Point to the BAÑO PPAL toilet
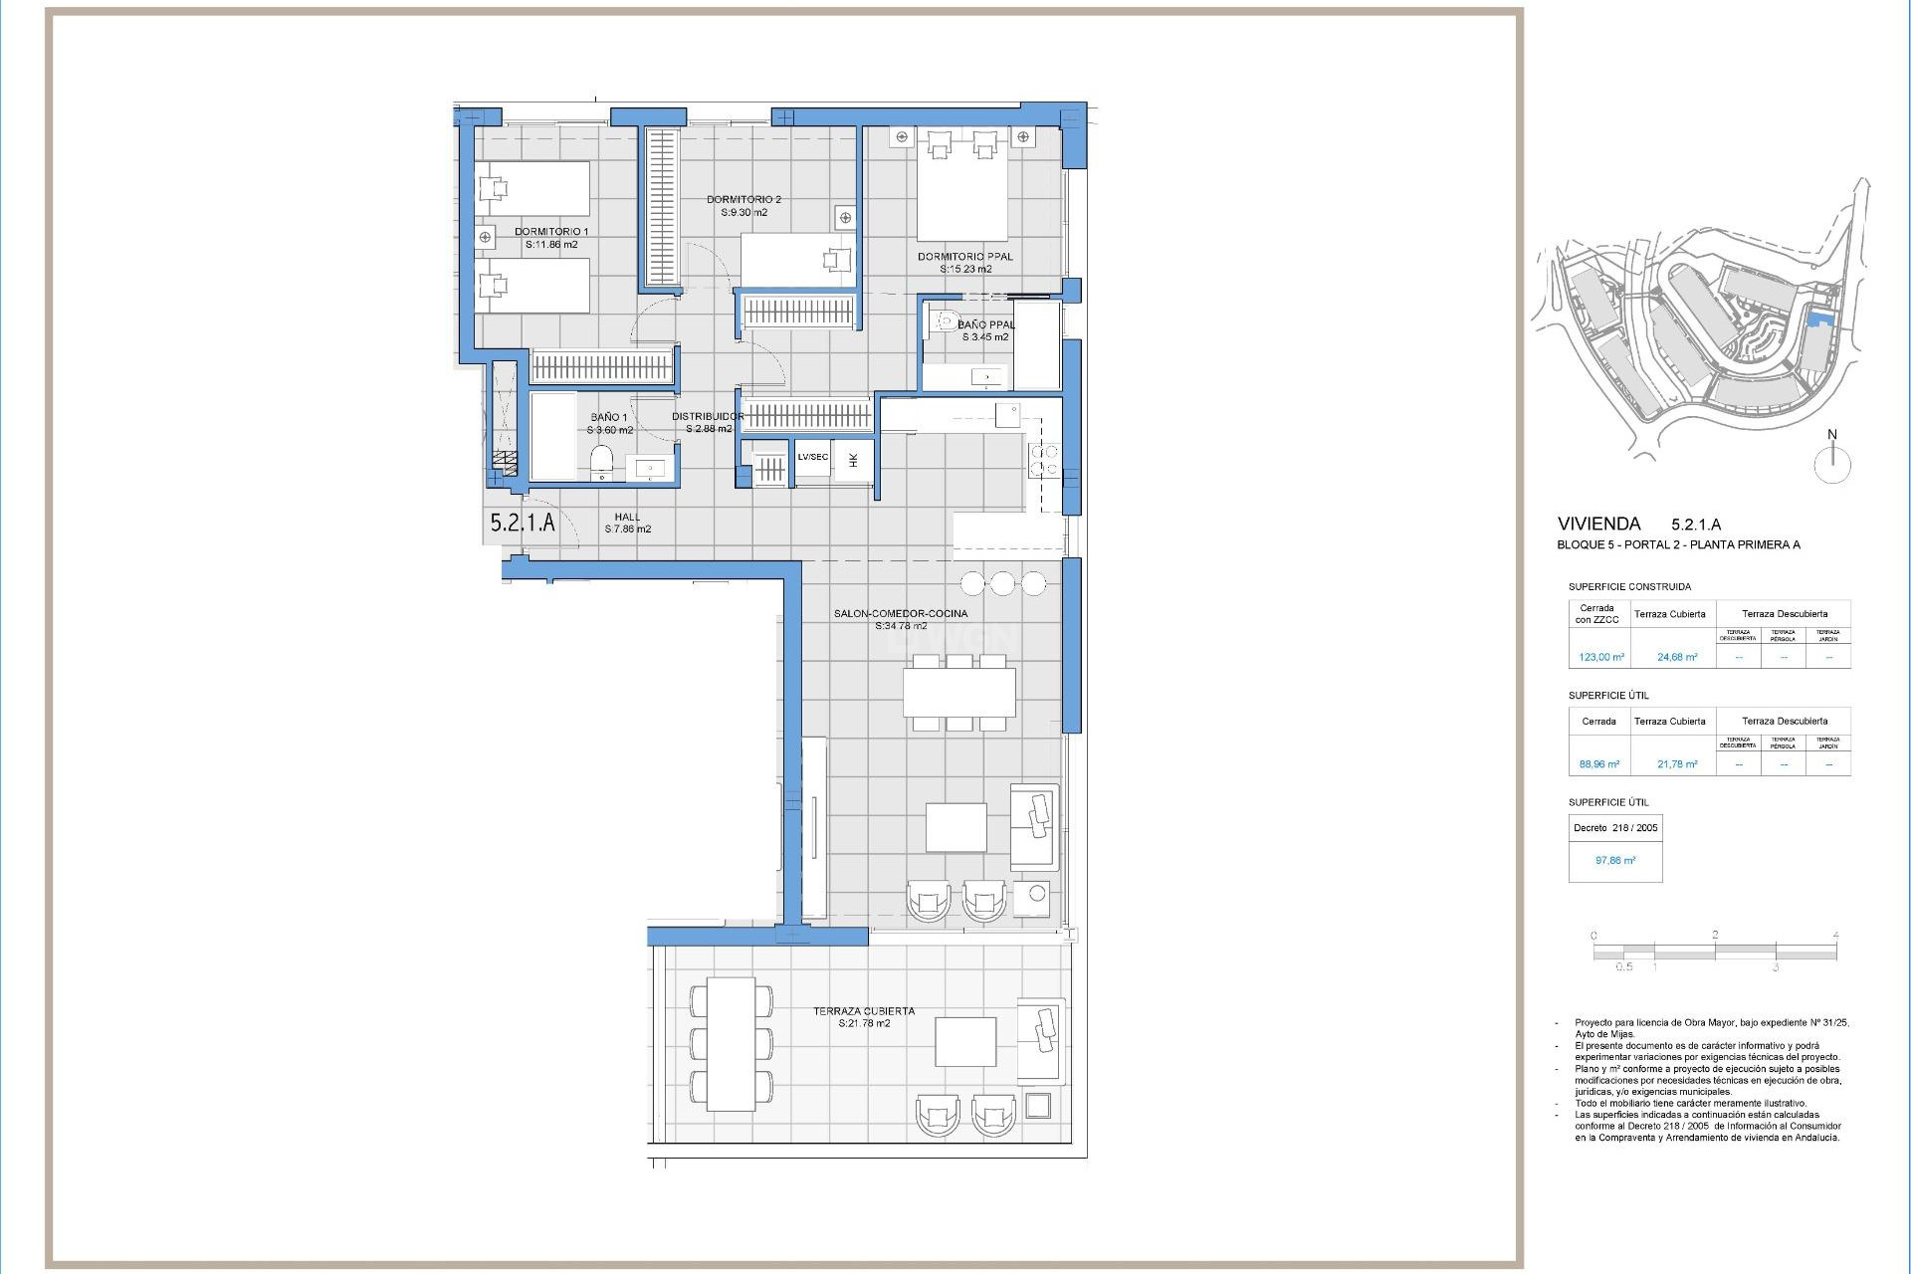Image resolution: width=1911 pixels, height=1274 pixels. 942,321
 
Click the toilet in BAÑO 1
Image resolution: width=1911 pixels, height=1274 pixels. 601,461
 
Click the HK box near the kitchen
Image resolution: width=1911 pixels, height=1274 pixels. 853,460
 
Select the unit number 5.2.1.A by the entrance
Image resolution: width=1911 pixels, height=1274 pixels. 523,522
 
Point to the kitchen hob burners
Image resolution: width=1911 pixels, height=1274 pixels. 1044,460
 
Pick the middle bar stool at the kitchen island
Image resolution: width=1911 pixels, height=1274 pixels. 1002,582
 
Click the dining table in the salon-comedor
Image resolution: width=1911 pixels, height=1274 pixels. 958,693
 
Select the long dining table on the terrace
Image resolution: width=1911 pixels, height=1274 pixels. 730,1043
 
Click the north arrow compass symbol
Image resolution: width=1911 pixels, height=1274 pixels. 1831,464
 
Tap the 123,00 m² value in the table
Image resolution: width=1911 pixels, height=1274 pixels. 1600,657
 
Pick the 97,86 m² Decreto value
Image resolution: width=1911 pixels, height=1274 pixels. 1614,860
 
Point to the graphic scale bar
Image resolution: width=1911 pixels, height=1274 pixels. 1714,952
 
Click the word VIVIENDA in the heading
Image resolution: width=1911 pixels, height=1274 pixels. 1598,524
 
